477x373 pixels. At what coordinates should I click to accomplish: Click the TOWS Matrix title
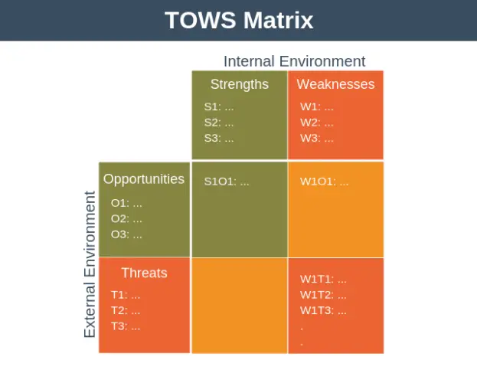coord(238,20)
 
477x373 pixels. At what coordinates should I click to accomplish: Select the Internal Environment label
coord(294,61)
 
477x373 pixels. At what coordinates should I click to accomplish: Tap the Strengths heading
coord(239,84)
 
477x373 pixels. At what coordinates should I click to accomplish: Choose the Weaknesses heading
coord(335,84)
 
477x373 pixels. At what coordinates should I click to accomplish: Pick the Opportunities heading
coord(144,179)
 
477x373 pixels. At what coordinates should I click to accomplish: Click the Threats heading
coord(144,273)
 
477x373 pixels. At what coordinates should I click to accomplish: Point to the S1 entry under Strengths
coord(219,107)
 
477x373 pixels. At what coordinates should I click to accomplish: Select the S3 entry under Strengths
coord(219,139)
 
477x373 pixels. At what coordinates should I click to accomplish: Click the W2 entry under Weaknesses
coord(316,123)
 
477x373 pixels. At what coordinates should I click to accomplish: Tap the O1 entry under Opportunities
coord(126,204)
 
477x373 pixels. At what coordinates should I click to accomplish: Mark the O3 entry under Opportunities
coord(126,234)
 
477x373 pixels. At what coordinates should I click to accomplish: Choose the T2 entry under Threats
coord(125,310)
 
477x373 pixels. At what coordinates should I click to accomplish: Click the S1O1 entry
coord(227,182)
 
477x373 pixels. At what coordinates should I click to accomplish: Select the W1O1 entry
coord(324,182)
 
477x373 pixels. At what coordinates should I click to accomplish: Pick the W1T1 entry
coord(323,280)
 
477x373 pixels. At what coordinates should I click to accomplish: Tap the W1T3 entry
coord(323,311)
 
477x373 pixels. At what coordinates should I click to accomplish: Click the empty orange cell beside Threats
coord(239,306)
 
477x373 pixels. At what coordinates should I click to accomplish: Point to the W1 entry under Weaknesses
coord(316,107)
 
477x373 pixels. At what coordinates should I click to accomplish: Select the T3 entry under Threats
coord(125,326)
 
